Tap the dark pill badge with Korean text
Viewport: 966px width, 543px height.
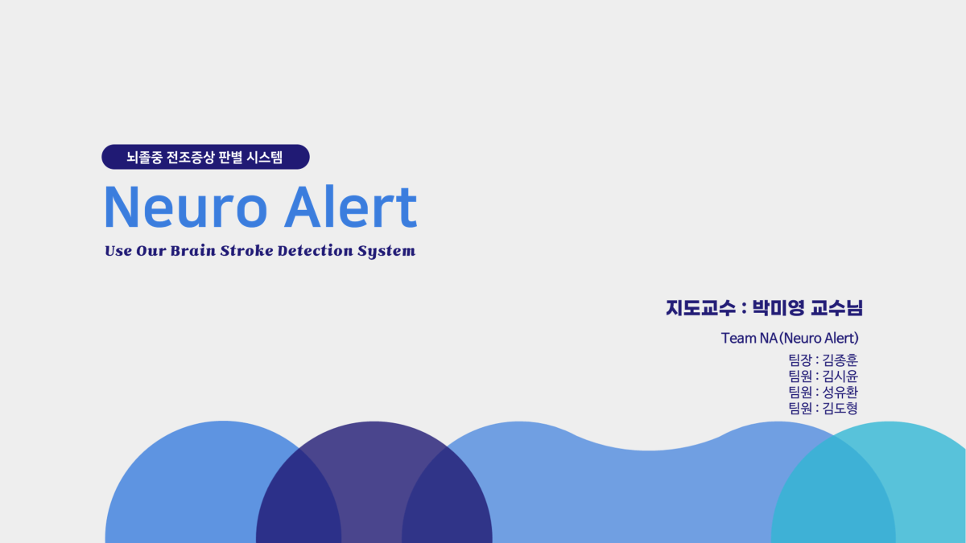coord(205,157)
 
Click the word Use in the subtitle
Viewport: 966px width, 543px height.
coord(118,251)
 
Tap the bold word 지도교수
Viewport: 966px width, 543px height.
coord(700,307)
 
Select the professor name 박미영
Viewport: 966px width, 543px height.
coord(779,307)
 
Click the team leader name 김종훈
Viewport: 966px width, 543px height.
coord(840,360)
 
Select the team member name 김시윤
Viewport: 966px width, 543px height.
coord(840,376)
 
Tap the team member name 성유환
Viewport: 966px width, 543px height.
coord(840,392)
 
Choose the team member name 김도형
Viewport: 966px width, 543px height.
coord(840,408)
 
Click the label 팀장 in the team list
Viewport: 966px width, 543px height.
coord(800,360)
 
